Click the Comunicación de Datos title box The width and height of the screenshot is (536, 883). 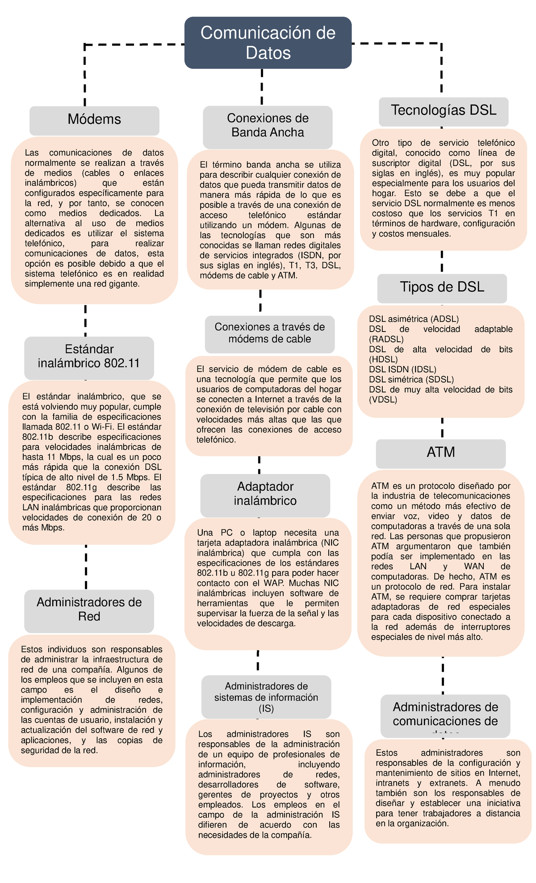[268, 43]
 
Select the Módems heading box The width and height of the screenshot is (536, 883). [94, 120]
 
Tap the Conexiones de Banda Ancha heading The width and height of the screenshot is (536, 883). [268, 126]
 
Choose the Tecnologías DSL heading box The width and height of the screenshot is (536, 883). [444, 111]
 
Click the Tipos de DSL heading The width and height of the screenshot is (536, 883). [442, 287]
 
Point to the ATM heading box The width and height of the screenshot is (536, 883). [441, 453]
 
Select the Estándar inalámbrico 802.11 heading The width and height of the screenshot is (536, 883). [89, 357]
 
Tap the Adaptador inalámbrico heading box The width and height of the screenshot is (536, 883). [265, 494]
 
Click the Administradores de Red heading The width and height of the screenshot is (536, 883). [89, 610]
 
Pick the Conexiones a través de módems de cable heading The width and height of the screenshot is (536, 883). [269, 333]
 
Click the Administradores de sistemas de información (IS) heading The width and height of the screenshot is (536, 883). [266, 697]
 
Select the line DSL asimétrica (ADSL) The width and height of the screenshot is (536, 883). [414, 319]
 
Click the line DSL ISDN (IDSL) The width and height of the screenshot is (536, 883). [402, 370]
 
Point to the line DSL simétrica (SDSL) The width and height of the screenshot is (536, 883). [411, 379]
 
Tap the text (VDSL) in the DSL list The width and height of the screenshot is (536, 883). [383, 400]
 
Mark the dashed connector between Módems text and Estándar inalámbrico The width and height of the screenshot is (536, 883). [85, 320]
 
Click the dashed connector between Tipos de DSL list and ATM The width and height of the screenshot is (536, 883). [442, 428]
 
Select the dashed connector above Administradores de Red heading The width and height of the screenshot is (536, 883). [86, 567]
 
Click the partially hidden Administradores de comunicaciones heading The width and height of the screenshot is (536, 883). [445, 715]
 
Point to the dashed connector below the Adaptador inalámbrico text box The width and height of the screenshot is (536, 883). [258, 661]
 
